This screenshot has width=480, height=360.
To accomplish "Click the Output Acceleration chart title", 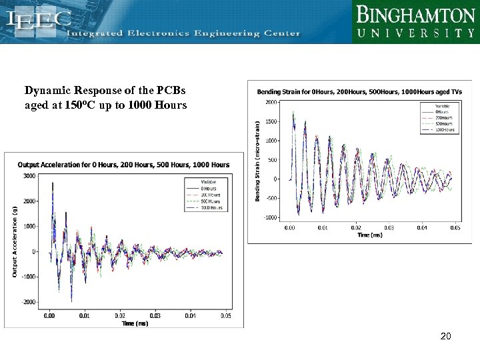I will point(123,165).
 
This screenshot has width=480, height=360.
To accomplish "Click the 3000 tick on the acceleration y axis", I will point(29,175).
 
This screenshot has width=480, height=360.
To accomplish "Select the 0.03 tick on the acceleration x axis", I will point(155,315).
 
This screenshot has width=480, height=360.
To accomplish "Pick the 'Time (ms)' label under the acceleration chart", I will point(135,323).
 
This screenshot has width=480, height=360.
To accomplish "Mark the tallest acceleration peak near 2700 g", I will point(53,183).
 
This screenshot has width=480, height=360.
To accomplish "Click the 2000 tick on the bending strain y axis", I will point(272,102).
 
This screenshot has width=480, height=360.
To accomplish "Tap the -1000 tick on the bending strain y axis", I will point(271,217).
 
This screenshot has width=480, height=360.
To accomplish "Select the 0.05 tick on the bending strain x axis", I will point(455,228).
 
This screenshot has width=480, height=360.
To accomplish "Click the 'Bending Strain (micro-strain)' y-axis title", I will point(258,160).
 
